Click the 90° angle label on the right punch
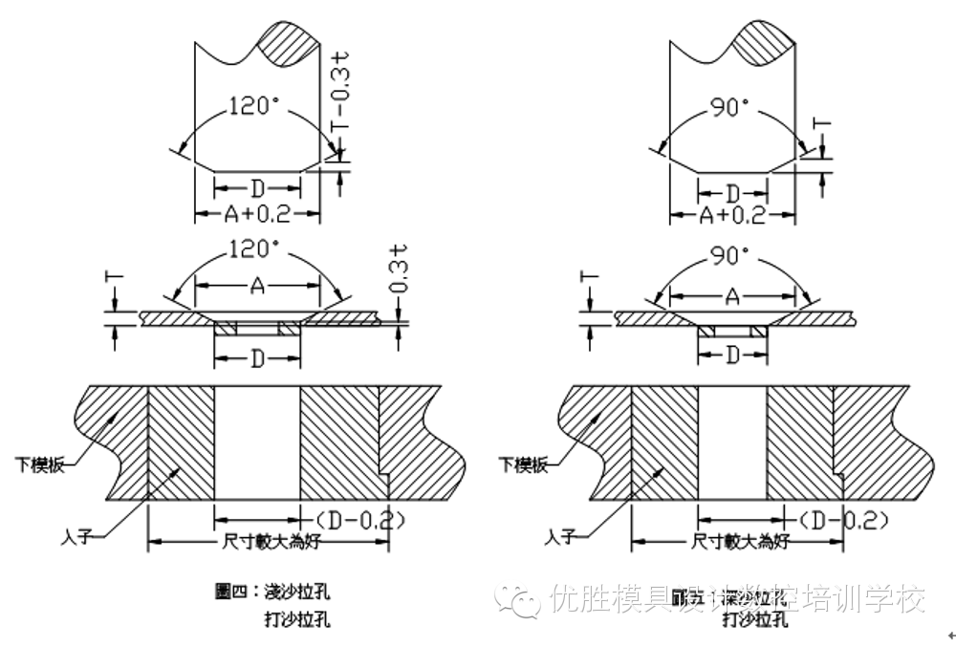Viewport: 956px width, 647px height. click(x=731, y=107)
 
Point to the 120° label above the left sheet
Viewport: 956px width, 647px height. click(x=255, y=250)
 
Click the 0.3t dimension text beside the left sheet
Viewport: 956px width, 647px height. click(x=402, y=270)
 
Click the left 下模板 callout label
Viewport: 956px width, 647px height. click(x=41, y=464)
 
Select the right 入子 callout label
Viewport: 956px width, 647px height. click(x=561, y=537)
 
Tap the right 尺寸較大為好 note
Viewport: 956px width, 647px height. click(x=739, y=541)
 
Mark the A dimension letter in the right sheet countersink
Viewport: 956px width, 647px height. click(x=732, y=297)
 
